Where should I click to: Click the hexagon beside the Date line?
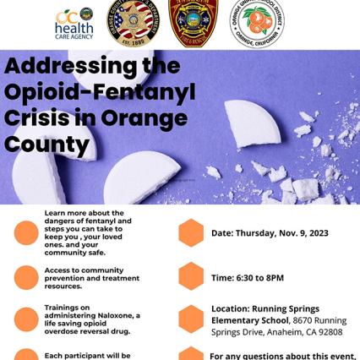(191, 232)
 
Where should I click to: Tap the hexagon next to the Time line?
(191, 275)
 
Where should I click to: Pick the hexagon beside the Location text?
(191, 319)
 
